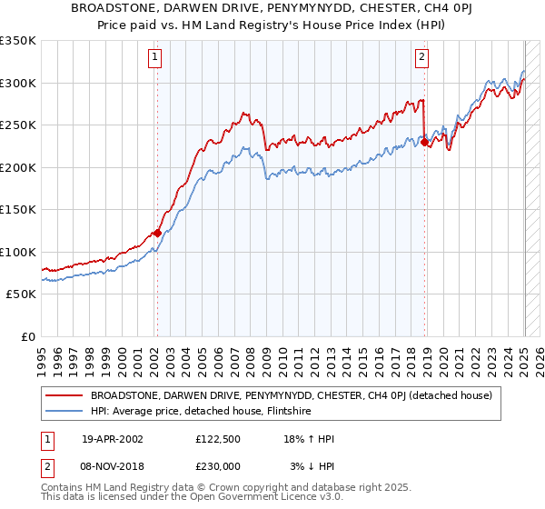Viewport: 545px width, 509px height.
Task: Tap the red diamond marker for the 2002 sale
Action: click(x=156, y=233)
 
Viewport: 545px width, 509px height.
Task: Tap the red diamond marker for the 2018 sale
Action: click(x=424, y=142)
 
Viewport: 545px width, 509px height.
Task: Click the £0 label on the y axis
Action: click(x=27, y=336)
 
